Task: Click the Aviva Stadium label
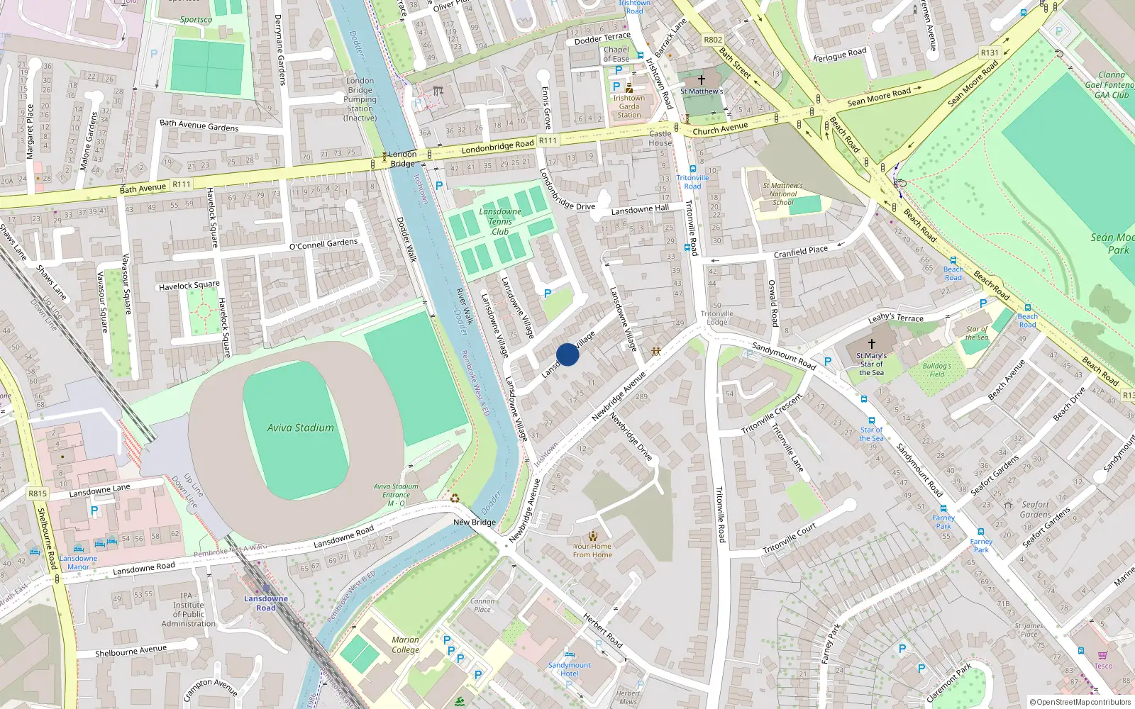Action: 300,428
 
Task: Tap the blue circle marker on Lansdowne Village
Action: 567,354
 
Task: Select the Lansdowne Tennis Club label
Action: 500,221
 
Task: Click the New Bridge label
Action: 475,523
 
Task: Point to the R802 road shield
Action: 713,40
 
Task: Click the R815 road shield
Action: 38,493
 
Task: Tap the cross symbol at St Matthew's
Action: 702,80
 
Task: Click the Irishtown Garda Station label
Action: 629,106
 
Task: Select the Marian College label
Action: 405,644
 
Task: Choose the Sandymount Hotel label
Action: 569,669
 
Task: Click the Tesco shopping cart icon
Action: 1102,655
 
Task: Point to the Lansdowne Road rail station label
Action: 266,603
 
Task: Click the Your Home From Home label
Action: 592,550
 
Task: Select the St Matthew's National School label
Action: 782,194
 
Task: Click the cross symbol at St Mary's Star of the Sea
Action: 871,343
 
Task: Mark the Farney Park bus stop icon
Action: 943,508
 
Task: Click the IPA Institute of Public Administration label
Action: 188,610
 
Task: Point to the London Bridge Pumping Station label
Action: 360,99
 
